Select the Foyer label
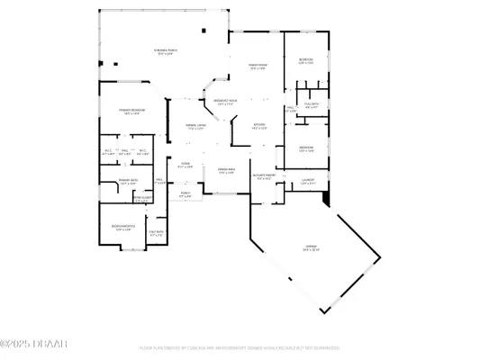click(186, 166)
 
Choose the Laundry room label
click(307, 179)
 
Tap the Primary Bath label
click(114, 182)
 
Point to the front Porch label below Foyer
click(186, 193)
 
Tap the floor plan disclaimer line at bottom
click(240, 346)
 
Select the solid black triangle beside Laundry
click(327, 195)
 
